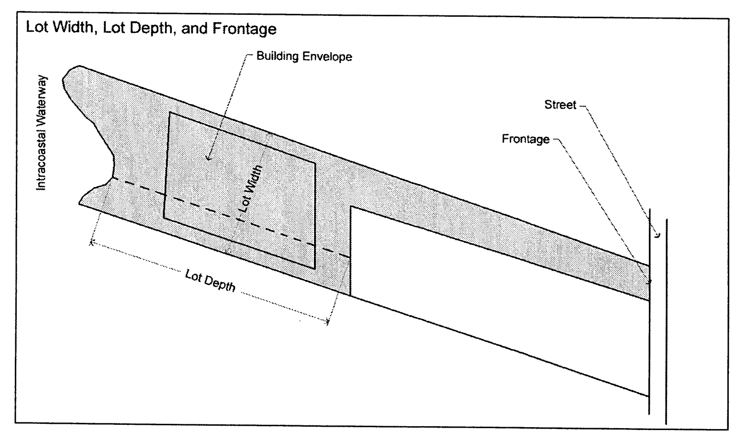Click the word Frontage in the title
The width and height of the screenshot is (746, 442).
pos(245,29)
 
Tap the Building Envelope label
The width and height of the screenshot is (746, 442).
pos(304,56)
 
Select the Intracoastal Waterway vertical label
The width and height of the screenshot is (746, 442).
pos(42,133)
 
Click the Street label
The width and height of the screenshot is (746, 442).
pos(560,105)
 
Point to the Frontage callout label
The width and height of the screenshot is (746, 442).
pos(525,139)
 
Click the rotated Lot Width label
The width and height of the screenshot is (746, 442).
pos(251,188)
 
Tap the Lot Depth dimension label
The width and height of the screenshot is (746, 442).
pos(211,280)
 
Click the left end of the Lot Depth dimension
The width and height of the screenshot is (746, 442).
pos(91,243)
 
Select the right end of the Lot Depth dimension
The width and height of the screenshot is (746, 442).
pos(328,322)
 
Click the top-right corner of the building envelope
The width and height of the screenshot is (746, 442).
pos(315,163)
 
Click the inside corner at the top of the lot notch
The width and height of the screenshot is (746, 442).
pos(351,207)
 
